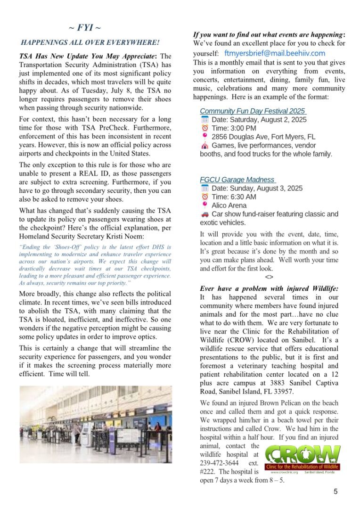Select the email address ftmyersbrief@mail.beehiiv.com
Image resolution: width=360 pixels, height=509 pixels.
(275, 53)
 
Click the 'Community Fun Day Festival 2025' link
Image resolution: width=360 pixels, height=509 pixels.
(253, 111)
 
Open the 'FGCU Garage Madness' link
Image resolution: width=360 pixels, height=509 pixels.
(237, 180)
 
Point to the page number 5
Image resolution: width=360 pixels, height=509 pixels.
(335, 492)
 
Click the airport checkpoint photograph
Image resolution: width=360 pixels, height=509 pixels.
(96, 424)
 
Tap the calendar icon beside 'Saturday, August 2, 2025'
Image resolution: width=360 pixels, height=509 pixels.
(205, 120)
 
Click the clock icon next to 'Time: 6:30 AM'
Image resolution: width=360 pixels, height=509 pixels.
(205, 197)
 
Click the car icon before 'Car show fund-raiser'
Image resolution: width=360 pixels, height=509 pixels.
(205, 214)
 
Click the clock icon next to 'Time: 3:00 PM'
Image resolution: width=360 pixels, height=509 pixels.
(205, 128)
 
